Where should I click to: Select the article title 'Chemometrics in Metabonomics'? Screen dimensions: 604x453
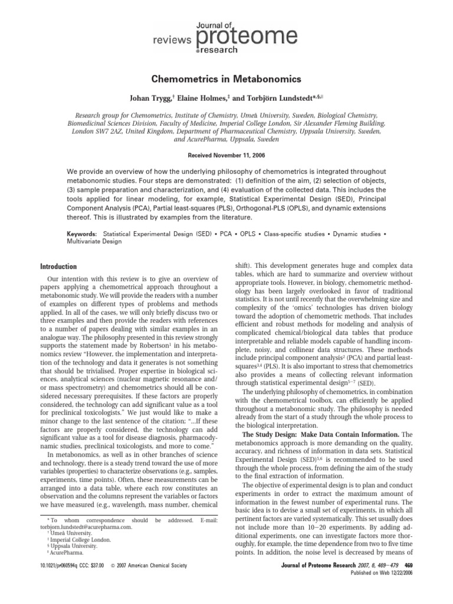[x=226, y=79]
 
